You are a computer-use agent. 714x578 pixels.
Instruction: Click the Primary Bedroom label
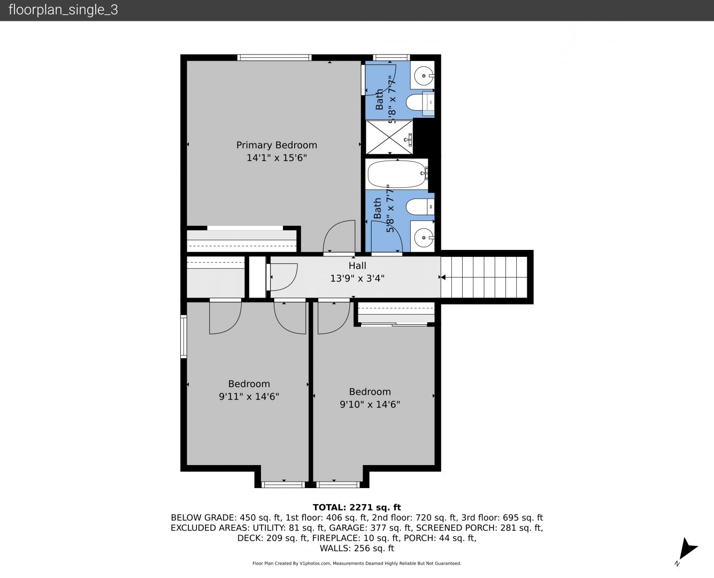[x=277, y=145]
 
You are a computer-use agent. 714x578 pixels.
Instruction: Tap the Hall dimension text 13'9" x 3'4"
[x=357, y=278]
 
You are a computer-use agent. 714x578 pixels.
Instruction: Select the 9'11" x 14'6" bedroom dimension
[x=249, y=397]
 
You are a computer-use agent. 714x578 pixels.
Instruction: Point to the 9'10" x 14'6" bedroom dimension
[x=370, y=404]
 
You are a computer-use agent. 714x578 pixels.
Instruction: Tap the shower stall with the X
[x=389, y=137]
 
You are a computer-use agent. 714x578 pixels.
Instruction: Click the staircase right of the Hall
[x=484, y=277]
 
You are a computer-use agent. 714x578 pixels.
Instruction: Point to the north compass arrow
[x=687, y=549]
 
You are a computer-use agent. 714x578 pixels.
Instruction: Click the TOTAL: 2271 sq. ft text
[x=357, y=507]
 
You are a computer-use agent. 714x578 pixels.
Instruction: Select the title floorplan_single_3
[x=63, y=10]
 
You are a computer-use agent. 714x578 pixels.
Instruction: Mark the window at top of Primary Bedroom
[x=274, y=57]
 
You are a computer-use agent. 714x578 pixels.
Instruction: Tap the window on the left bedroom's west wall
[x=183, y=337]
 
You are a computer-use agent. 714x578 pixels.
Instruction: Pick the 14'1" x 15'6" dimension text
[x=277, y=158]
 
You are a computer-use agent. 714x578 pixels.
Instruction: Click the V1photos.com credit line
[x=357, y=563]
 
